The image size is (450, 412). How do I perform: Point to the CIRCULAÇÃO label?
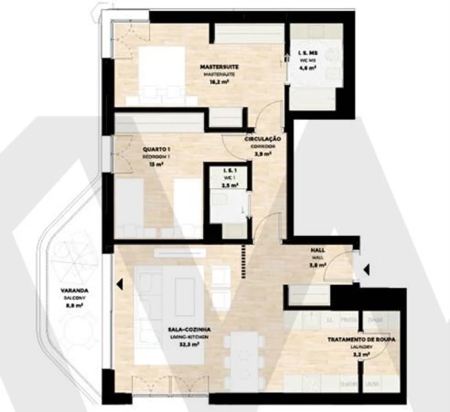(262, 139)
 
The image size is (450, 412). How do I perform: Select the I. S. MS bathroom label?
(307, 53)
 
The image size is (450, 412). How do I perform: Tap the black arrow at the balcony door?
(119, 283)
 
